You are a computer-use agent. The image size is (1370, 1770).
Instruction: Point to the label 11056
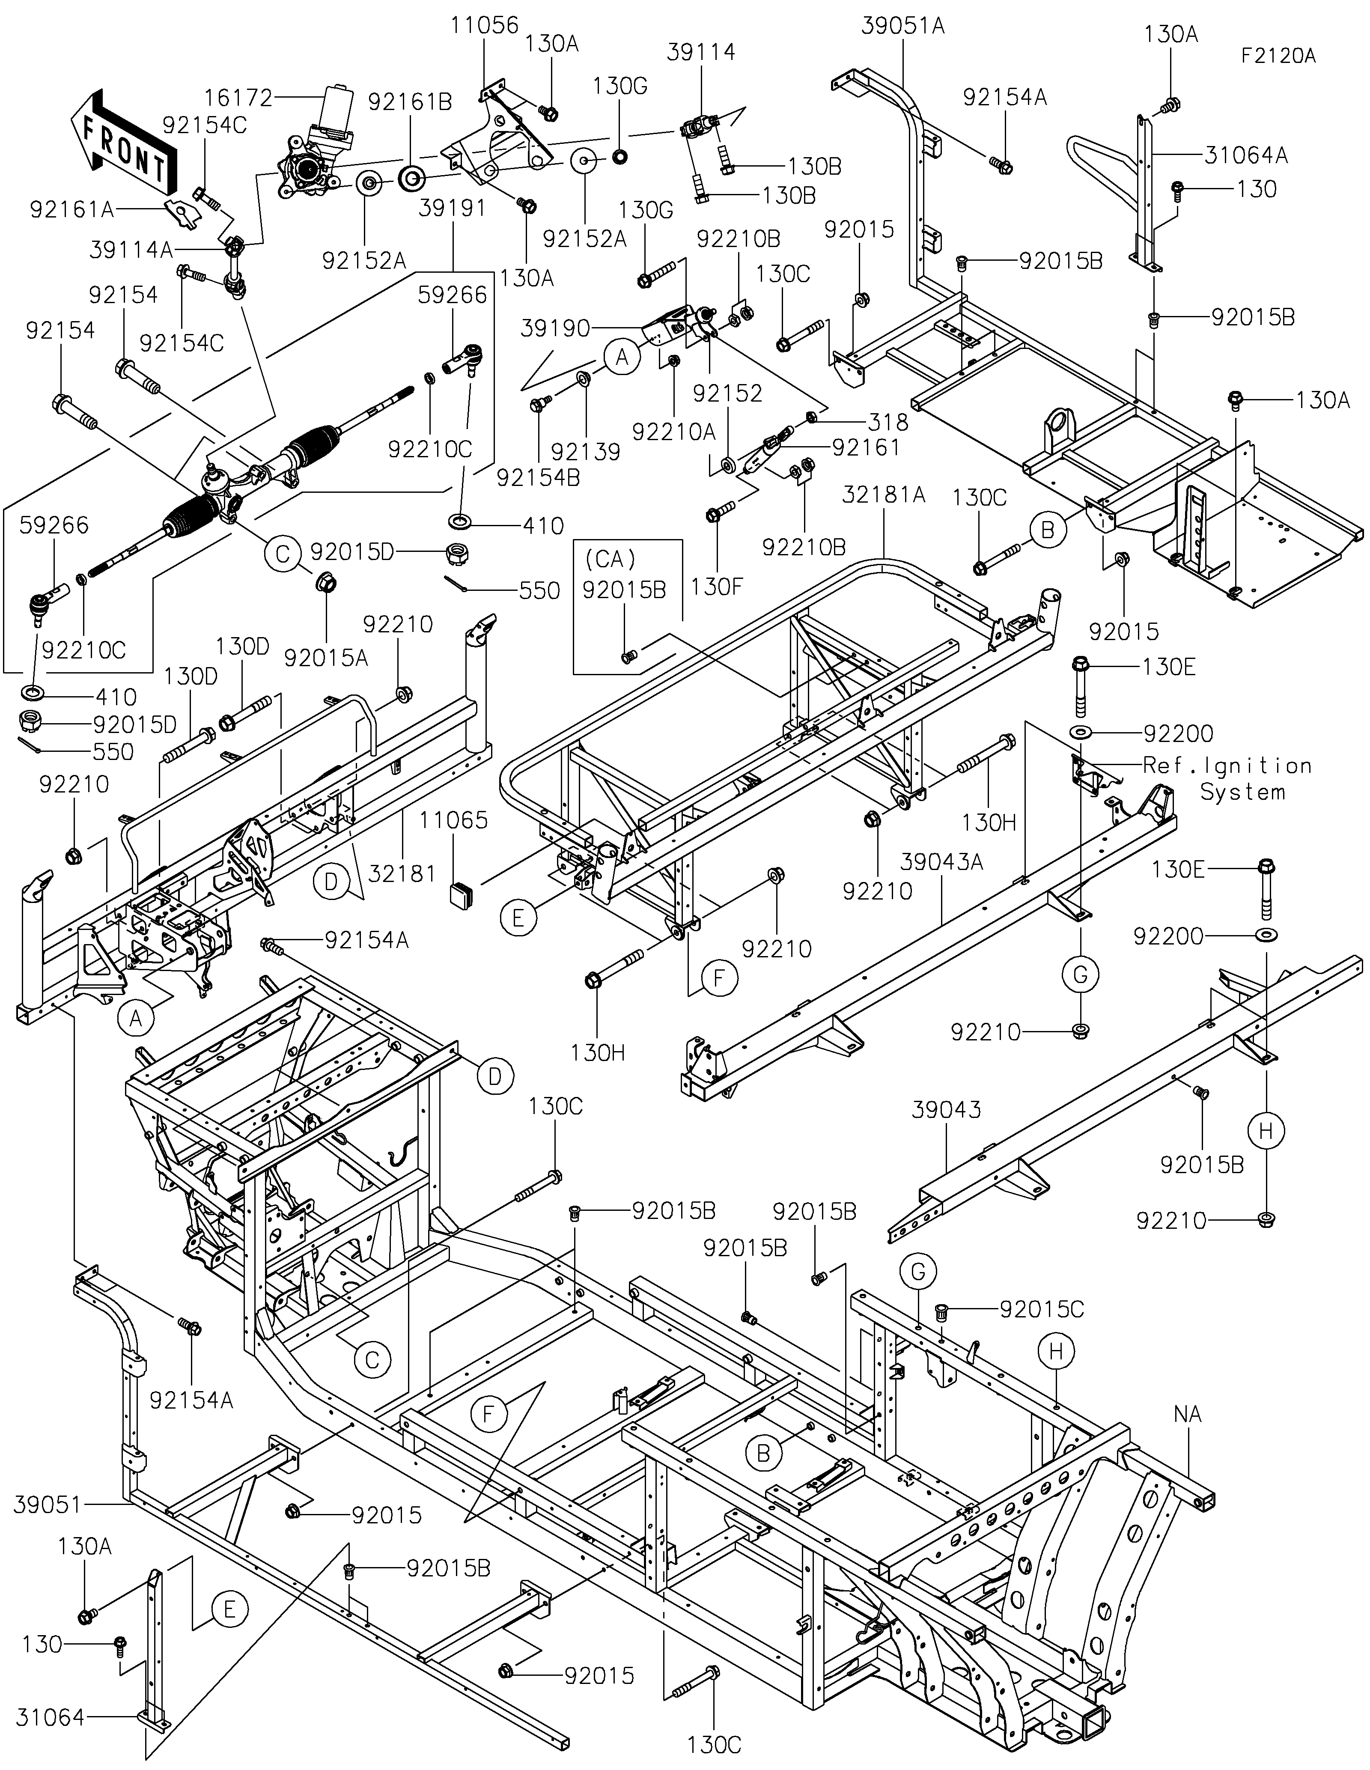485,25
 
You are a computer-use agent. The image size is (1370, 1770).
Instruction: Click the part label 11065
454,820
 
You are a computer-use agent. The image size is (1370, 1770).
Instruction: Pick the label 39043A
942,862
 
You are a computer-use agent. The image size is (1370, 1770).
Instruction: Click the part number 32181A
884,495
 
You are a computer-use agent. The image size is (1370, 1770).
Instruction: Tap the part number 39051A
903,26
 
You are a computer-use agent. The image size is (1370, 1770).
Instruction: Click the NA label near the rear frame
1188,1414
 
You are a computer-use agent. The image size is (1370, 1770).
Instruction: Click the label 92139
586,451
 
